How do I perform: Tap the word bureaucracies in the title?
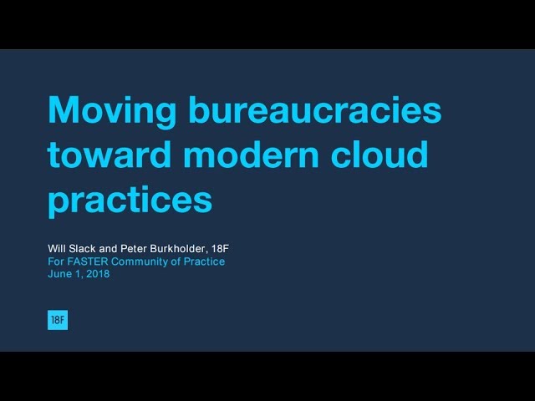[x=315, y=109]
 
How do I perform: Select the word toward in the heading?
[x=110, y=154]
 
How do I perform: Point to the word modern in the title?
[x=251, y=154]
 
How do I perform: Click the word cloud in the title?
[x=380, y=154]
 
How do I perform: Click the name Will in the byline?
[x=57, y=249]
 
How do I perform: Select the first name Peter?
[x=134, y=249]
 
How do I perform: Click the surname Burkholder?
[x=178, y=249]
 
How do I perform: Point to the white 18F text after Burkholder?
[x=220, y=249]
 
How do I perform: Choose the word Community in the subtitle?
[x=140, y=261]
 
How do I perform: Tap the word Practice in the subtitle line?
[x=204, y=261]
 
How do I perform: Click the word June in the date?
[x=59, y=274]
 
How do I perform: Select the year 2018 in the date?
[x=98, y=274]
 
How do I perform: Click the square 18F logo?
[x=58, y=320]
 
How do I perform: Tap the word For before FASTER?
[x=56, y=261]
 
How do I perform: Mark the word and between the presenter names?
[x=108, y=249]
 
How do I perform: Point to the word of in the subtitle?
[x=176, y=261]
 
